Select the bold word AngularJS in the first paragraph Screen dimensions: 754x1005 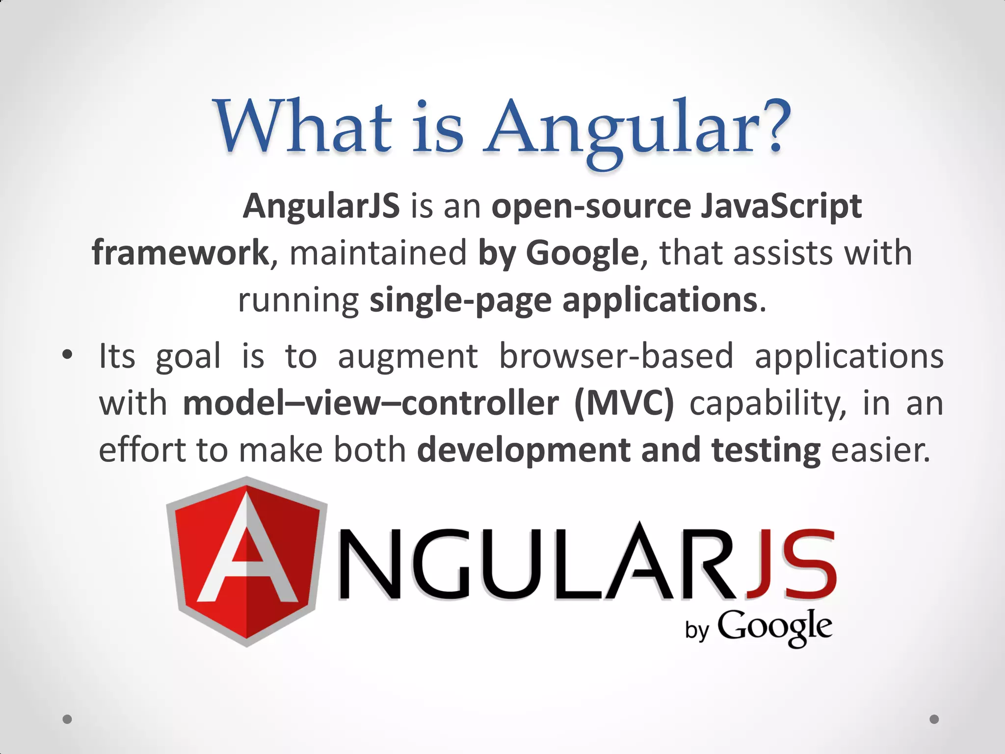click(x=321, y=206)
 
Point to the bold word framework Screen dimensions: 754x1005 click(x=180, y=253)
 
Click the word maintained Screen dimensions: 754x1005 click(x=378, y=253)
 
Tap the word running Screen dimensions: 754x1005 click(x=298, y=300)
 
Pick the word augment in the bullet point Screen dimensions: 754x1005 click(x=407, y=356)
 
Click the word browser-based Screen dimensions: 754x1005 click(x=616, y=356)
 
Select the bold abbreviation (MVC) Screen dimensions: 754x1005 click(x=624, y=404)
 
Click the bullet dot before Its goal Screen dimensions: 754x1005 click(x=67, y=354)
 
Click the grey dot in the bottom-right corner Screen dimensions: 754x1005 click(x=934, y=719)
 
